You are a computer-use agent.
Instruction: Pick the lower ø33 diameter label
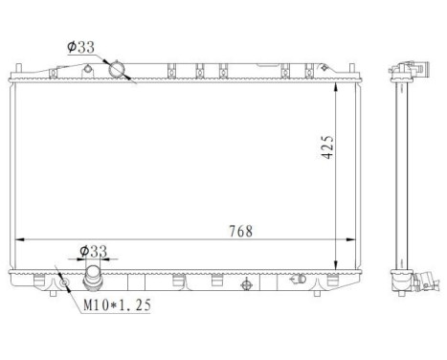point(92,251)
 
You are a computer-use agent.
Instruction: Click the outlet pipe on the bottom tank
point(93,281)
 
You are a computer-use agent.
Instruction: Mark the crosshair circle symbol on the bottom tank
point(247,284)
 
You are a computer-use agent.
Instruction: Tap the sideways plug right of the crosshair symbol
point(299,281)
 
